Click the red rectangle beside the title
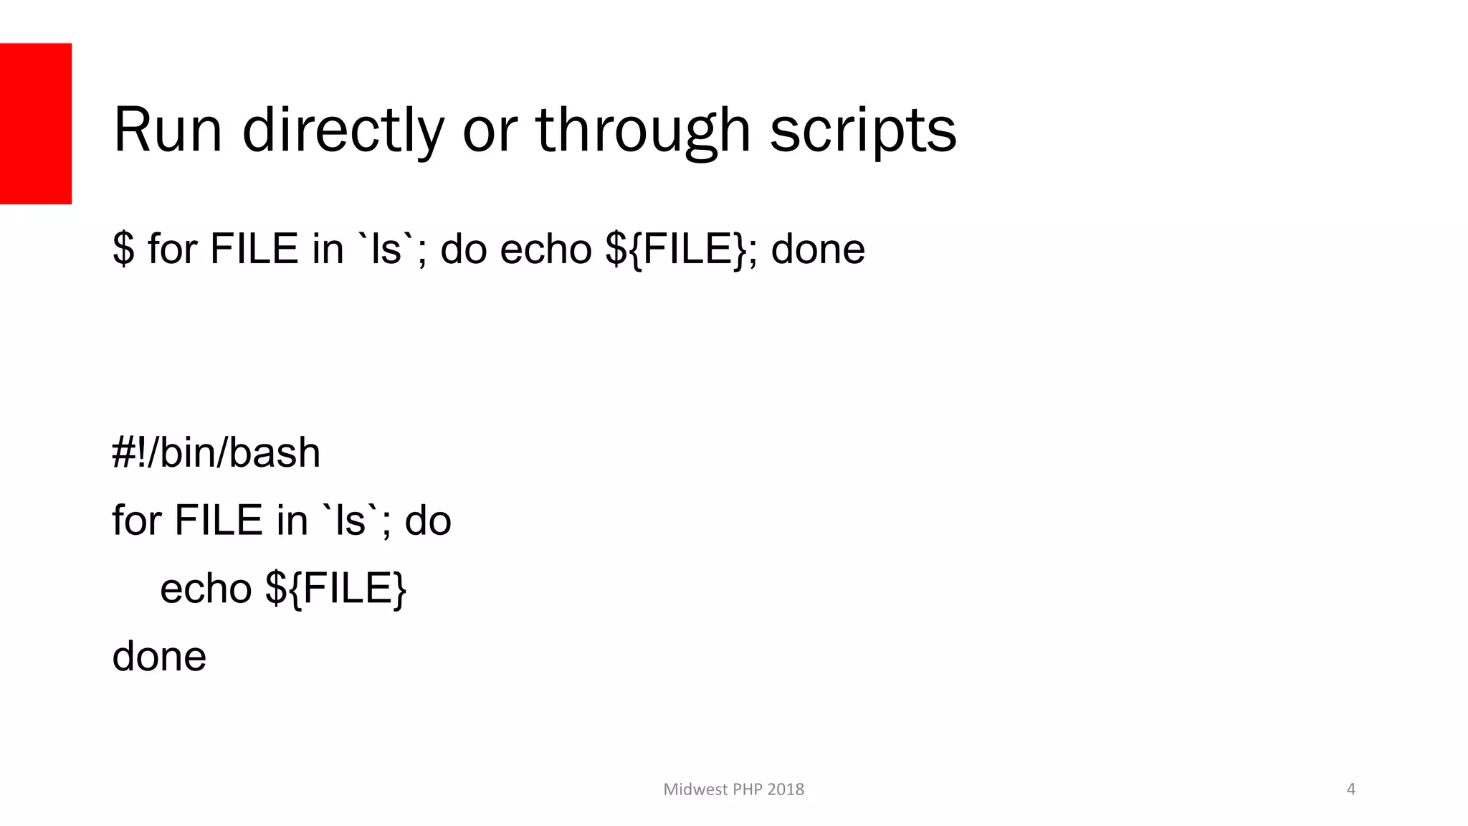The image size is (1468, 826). pyautogui.click(x=36, y=123)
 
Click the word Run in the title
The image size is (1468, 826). pyautogui.click(x=168, y=130)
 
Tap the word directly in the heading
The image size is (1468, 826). pyautogui.click(x=343, y=130)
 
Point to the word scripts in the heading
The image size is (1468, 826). pyautogui.click(x=863, y=130)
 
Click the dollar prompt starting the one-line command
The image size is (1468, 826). pyautogui.click(x=123, y=249)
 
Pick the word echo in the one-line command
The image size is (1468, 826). pyautogui.click(x=545, y=249)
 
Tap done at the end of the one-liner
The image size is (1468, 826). pyautogui.click(x=818, y=249)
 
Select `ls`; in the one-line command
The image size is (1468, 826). pyautogui.click(x=392, y=249)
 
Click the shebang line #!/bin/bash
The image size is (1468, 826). pyautogui.click(x=216, y=452)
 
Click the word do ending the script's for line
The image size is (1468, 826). pyautogui.click(x=428, y=520)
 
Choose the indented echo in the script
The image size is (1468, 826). pyautogui.click(x=206, y=588)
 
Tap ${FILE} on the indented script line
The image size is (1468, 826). pyautogui.click(x=335, y=588)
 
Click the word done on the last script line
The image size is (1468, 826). pyautogui.click(x=159, y=656)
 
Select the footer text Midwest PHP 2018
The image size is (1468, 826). pyautogui.click(x=733, y=789)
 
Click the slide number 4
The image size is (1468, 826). pyautogui.click(x=1351, y=789)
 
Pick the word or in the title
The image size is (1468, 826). pyautogui.click(x=490, y=130)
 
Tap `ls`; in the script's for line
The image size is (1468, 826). pyautogui.click(x=356, y=520)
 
